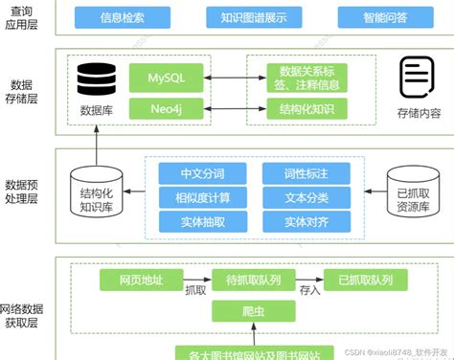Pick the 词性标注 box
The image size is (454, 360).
point(306,174)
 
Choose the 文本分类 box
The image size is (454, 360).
point(306,198)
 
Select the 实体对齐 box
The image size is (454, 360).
point(306,222)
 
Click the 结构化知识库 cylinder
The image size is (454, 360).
point(97,194)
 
